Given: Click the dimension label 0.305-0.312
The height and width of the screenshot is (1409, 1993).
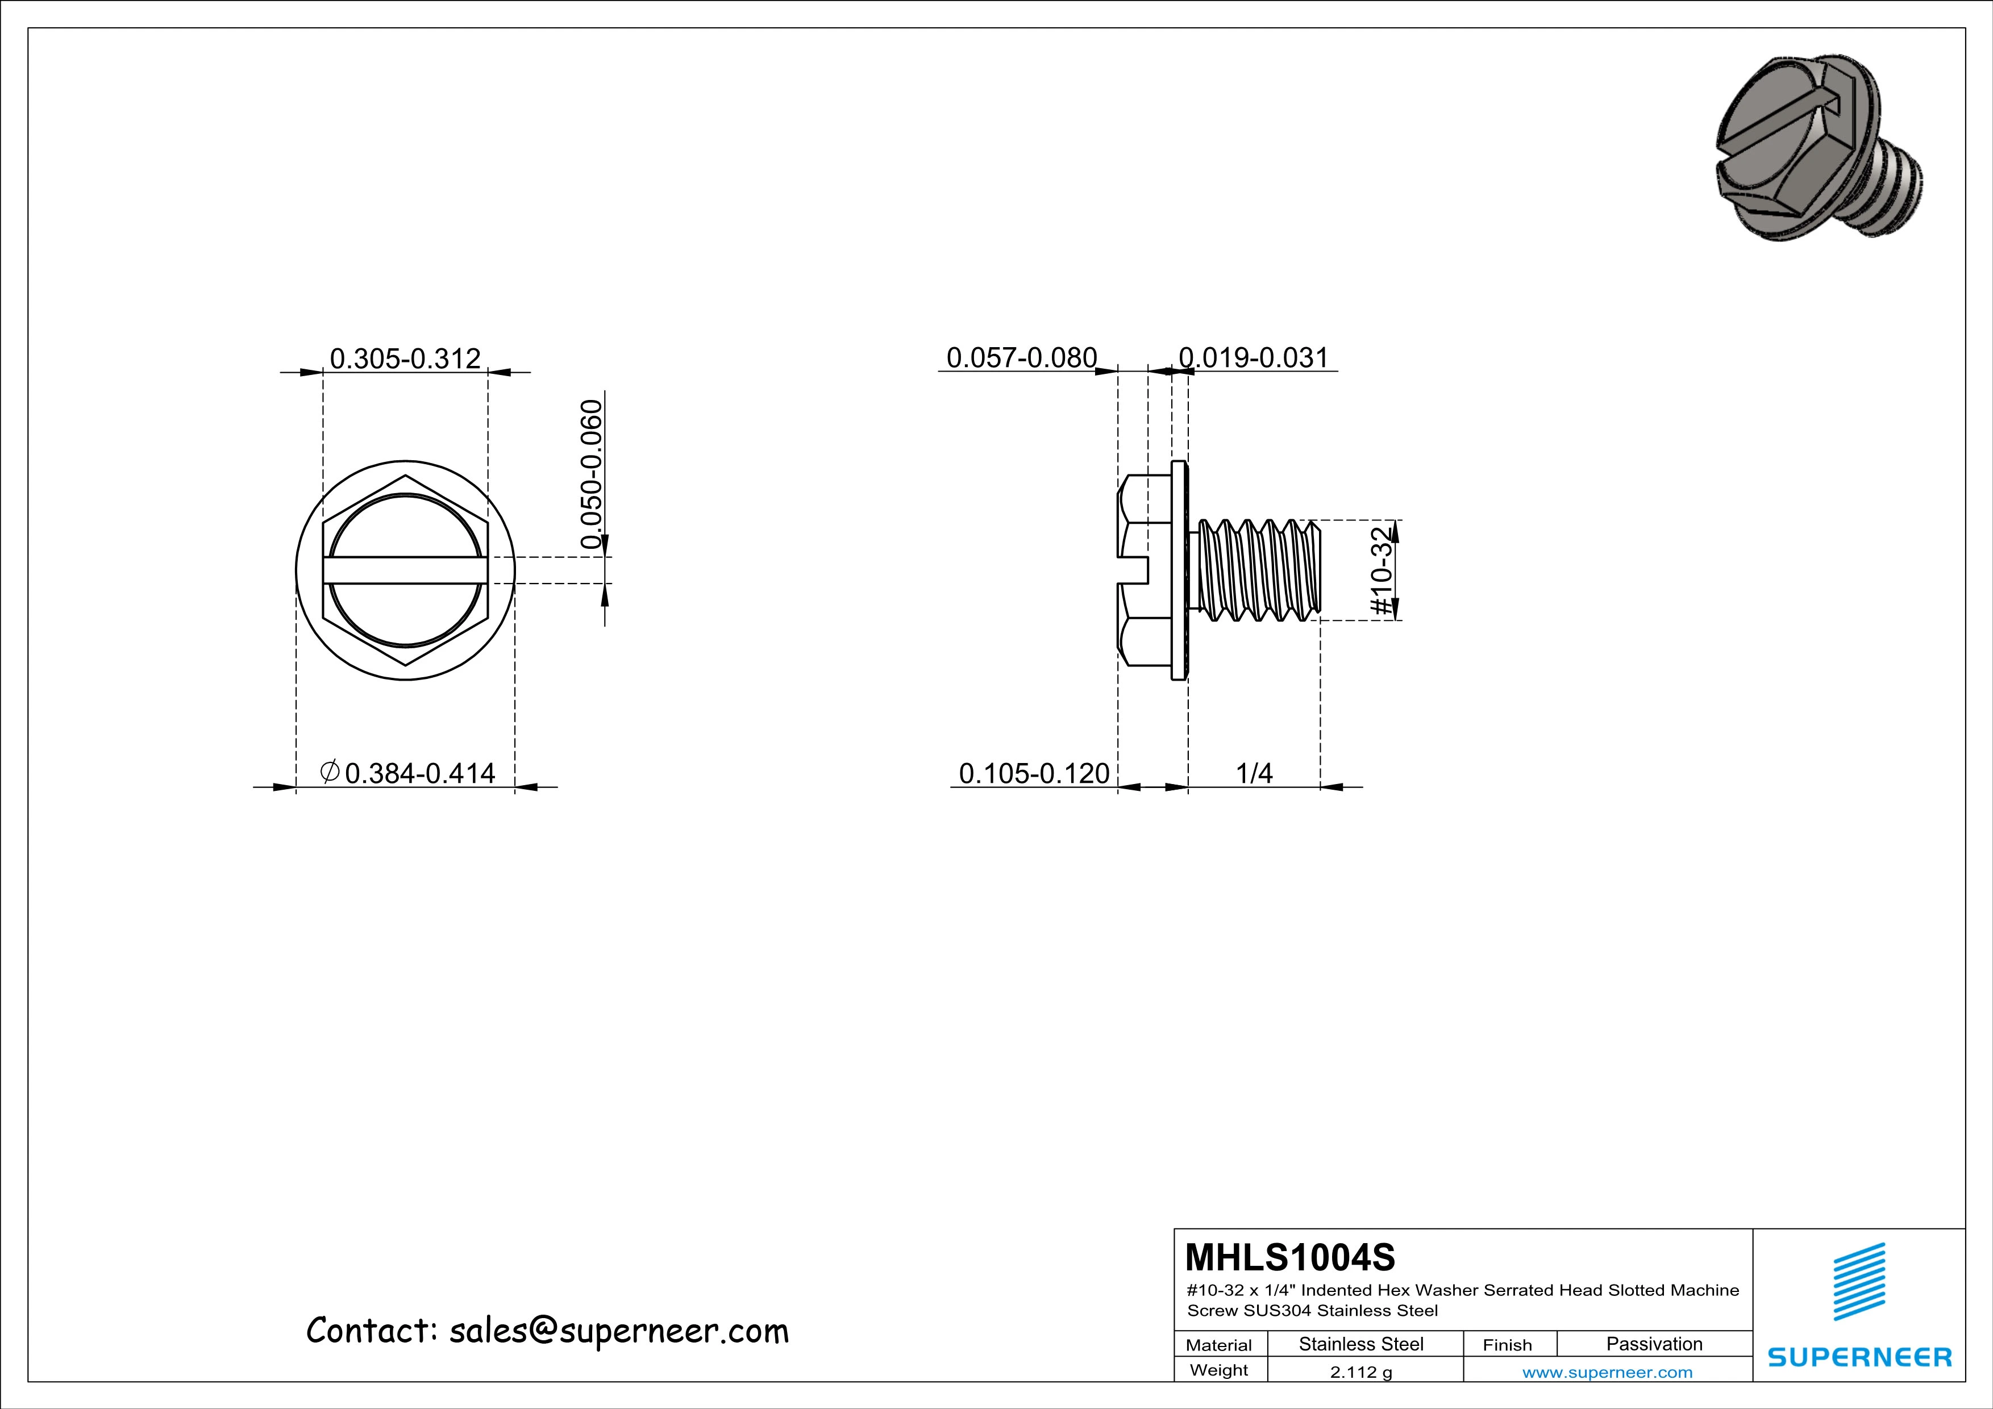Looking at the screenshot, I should pyautogui.click(x=405, y=358).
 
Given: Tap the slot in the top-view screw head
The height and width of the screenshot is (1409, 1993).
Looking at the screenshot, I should pyautogui.click(x=405, y=570).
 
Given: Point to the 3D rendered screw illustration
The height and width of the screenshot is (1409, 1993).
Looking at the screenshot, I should pyautogui.click(x=1819, y=148).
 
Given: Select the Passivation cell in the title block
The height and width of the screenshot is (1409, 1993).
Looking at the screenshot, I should pyautogui.click(x=1654, y=1344).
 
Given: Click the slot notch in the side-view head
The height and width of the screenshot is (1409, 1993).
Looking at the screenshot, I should pyautogui.click(x=1134, y=570).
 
